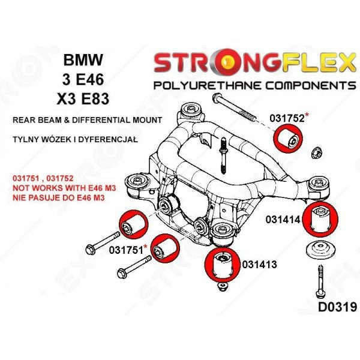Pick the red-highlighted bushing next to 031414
tap(321, 220)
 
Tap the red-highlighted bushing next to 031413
tap(221, 265)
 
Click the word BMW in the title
tap(83, 60)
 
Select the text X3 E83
tap(83, 98)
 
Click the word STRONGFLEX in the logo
tap(256, 62)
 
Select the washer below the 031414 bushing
tap(318, 251)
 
